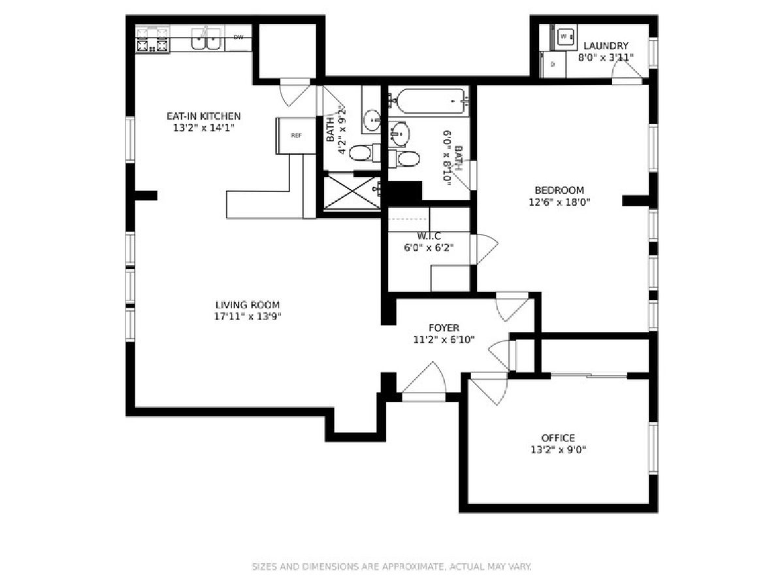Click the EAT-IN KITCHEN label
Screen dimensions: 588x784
200,116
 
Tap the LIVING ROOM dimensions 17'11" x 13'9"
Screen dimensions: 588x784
248,317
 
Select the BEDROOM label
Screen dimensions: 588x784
559,190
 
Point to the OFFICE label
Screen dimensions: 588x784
558,438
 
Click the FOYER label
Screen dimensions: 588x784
444,327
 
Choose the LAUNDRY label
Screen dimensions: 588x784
606,46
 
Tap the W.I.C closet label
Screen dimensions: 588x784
429,235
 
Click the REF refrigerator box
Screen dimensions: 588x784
296,135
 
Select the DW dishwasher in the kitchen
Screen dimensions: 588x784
238,37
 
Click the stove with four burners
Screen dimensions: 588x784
152,41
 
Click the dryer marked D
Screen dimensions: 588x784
553,64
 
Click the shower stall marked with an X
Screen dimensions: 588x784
351,193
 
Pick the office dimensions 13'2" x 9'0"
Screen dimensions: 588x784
558,449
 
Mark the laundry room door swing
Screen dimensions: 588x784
625,76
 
